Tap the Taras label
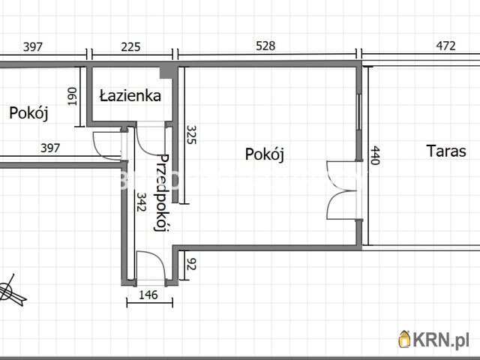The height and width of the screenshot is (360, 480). [446, 151]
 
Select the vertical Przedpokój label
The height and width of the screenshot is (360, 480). [160, 193]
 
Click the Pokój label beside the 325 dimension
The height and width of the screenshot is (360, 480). [265, 154]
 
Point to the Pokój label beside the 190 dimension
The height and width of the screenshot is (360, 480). [28, 113]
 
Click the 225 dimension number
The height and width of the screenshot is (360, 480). [130, 46]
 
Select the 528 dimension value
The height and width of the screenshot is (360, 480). [265, 46]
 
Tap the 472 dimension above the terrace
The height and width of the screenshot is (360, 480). [445, 46]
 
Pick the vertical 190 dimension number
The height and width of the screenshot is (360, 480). [73, 97]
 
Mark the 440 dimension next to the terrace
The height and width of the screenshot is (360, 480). [376, 156]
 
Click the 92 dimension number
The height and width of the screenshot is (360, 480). [190, 264]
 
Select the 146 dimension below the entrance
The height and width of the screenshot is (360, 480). [148, 295]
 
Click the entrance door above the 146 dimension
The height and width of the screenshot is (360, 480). [149, 266]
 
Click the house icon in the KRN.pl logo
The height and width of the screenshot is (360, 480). [405, 339]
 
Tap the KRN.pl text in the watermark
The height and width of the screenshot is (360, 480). [442, 340]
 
